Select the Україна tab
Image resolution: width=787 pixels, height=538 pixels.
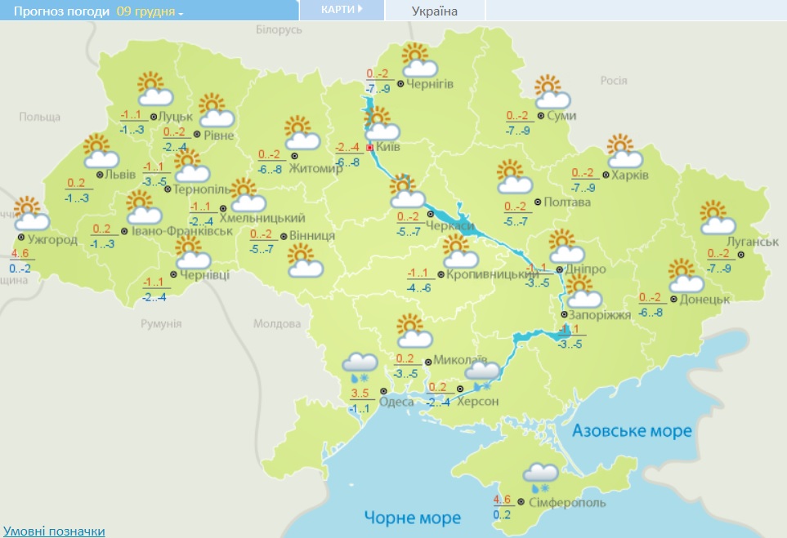(x=434, y=11)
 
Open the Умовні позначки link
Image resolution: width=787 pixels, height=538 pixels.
(x=54, y=531)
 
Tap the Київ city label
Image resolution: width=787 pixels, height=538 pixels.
(x=388, y=148)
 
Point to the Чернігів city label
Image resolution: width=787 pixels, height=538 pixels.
(x=430, y=83)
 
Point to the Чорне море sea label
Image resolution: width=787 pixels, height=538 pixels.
(x=412, y=517)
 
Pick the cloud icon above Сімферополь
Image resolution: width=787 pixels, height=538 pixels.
(x=540, y=476)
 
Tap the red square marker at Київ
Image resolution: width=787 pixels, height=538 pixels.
(x=369, y=148)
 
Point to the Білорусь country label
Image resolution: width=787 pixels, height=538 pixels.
(x=279, y=29)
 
